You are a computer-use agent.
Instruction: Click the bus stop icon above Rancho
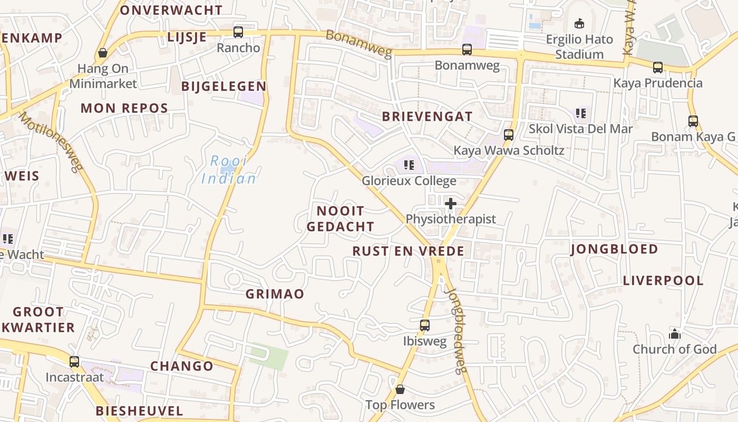pyautogui.click(x=238, y=32)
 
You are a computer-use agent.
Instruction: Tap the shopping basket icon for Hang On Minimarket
pyautogui.click(x=103, y=53)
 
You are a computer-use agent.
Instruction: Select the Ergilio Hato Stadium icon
pyautogui.click(x=579, y=23)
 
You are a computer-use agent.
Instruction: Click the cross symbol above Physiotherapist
pyautogui.click(x=451, y=204)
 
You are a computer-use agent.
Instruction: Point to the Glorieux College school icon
pyautogui.click(x=409, y=165)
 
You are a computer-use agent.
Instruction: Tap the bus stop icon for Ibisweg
pyautogui.click(x=425, y=325)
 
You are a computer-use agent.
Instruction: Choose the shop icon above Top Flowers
pyautogui.click(x=400, y=389)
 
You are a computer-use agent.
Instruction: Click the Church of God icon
pyautogui.click(x=674, y=333)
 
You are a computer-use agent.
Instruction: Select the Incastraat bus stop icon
pyautogui.click(x=74, y=362)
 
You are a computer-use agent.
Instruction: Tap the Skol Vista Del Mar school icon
pyautogui.click(x=581, y=113)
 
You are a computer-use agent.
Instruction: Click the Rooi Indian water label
pyautogui.click(x=229, y=170)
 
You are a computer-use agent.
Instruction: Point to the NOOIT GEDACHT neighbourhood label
pyautogui.click(x=341, y=219)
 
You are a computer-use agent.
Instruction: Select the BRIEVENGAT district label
pyautogui.click(x=427, y=117)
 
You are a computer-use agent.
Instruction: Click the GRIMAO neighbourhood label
pyautogui.click(x=275, y=294)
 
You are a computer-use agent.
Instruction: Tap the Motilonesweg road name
pyautogui.click(x=52, y=142)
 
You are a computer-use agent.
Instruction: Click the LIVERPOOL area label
pyautogui.click(x=663, y=281)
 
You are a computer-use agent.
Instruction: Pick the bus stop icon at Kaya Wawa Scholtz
pyautogui.click(x=509, y=135)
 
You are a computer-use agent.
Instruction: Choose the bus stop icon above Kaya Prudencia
pyautogui.click(x=658, y=68)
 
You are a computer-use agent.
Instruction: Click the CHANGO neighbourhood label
pyautogui.click(x=182, y=366)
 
